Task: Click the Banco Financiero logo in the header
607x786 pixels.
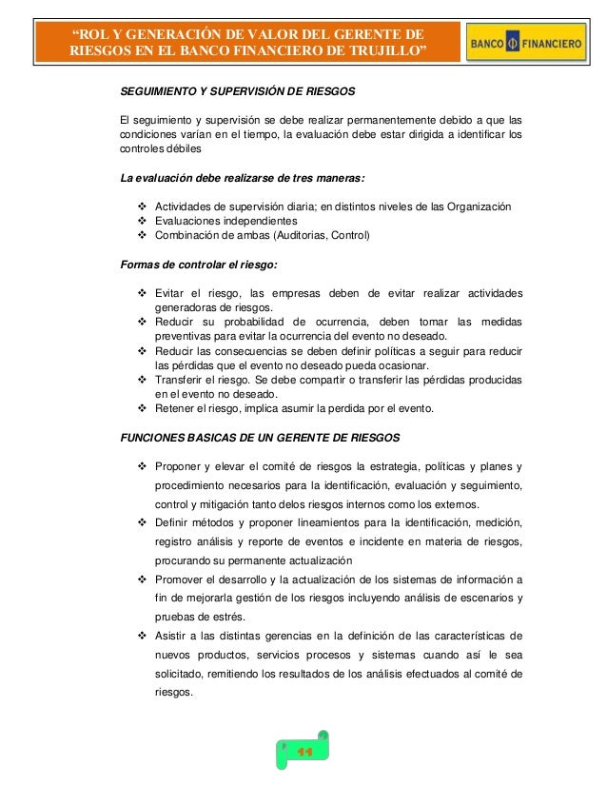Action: click(527, 44)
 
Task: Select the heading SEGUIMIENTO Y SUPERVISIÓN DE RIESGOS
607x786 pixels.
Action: click(237, 92)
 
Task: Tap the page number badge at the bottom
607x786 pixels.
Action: click(303, 750)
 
